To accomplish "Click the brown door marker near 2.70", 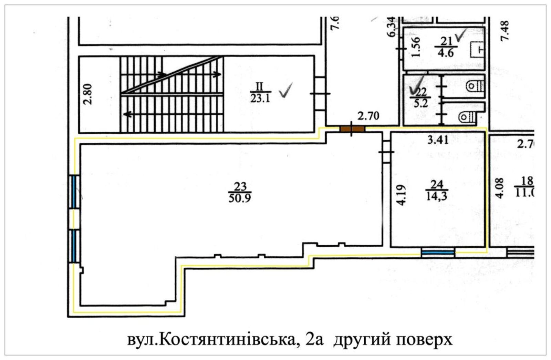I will pos(352,129).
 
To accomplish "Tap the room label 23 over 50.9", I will pos(240,192).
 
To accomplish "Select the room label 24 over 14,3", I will pos(437,190).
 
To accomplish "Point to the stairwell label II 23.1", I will pos(260,92).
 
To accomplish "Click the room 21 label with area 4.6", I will pos(446,47).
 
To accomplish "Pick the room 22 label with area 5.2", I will pos(420,97).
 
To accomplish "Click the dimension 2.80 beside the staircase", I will pos(89,94).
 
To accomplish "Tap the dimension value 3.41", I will pos(438,140).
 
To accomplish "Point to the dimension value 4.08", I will pos(499,188).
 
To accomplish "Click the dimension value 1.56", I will pos(416,47).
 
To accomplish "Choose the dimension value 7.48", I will pos(505,31).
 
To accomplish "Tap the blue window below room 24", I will pos(438,253).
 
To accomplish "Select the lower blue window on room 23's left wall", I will pos(74,246).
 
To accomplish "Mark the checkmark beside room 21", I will pos(460,34).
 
